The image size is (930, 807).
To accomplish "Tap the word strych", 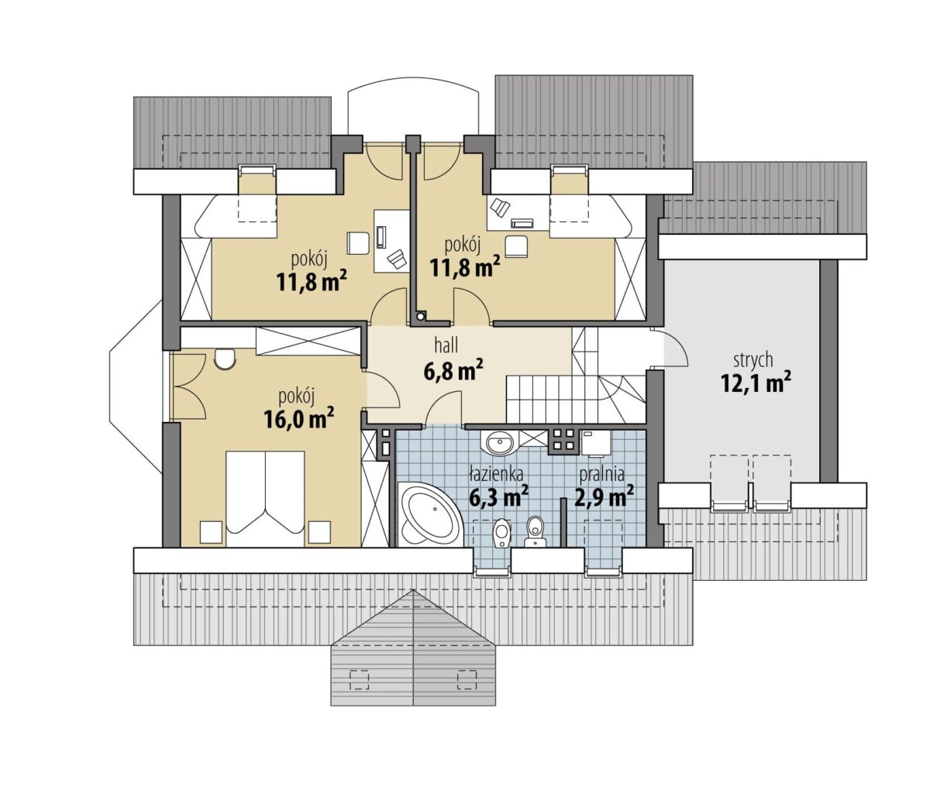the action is coord(753,359).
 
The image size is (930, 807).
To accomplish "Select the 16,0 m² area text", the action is coord(299,417).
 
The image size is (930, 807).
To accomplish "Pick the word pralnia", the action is coord(602,475).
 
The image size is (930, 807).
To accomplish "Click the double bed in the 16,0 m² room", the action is coord(265,498).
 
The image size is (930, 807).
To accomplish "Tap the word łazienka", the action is coord(496,474).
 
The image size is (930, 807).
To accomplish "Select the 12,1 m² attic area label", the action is coord(756,383).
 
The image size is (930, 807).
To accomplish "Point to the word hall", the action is coord(446,345).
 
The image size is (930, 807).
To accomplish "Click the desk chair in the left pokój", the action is coord(357,243).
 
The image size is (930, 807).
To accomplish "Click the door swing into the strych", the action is coord(676,348).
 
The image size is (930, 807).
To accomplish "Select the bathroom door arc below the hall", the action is coord(443,408).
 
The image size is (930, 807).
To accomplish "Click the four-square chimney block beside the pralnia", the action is coord(563,441).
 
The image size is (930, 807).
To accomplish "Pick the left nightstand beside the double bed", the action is coord(211,532).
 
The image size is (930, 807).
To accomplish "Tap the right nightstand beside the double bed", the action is coord(319,532).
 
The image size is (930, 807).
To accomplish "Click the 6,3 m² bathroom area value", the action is coord(498,496).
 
